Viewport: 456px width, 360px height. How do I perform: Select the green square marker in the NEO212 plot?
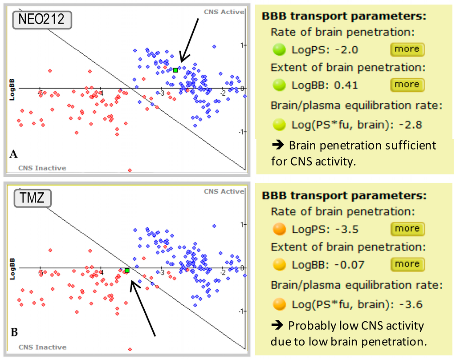(x=175, y=70)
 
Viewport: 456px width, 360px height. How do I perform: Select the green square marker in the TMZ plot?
(x=127, y=270)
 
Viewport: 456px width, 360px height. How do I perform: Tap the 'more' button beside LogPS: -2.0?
(x=407, y=49)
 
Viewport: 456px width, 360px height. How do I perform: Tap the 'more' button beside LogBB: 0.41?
(x=407, y=85)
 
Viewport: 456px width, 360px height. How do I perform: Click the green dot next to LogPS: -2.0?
(x=279, y=49)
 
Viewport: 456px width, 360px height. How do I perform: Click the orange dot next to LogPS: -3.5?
(x=279, y=229)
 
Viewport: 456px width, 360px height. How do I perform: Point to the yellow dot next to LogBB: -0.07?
(x=279, y=265)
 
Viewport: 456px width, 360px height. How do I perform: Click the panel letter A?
(x=13, y=154)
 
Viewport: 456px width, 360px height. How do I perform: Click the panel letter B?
(x=14, y=332)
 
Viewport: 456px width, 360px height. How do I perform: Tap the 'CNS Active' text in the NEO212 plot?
(x=224, y=12)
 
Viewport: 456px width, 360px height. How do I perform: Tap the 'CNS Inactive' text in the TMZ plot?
(x=42, y=347)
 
